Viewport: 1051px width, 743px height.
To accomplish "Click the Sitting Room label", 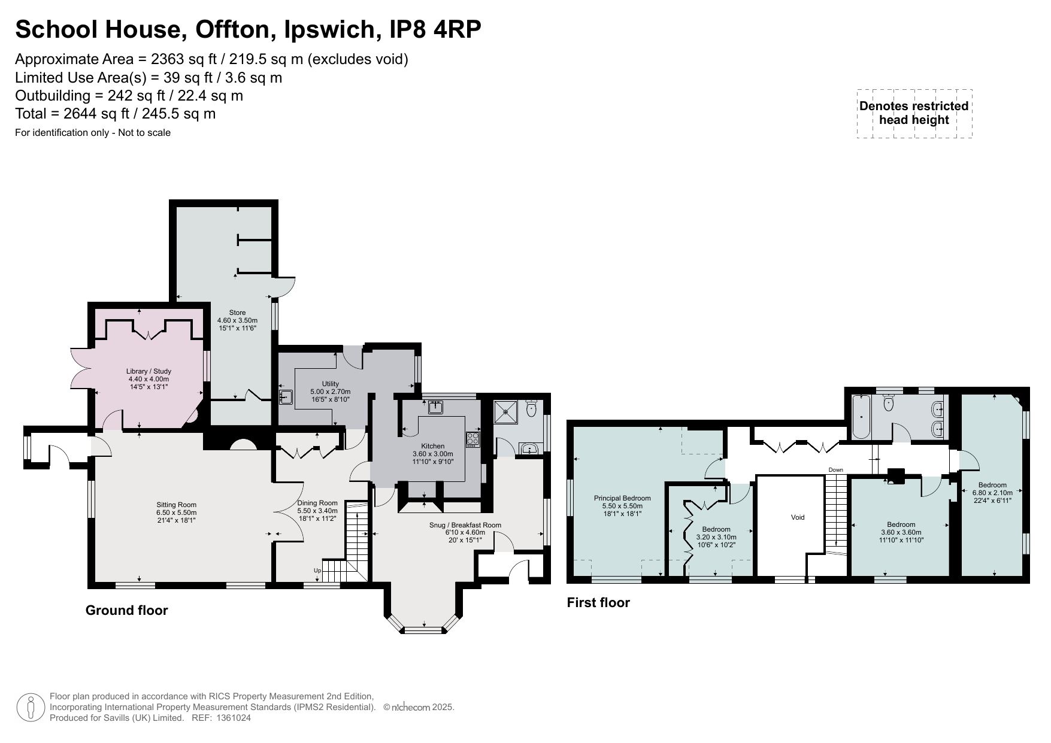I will pos(176,505).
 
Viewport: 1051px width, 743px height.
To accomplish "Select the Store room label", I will pos(237,313).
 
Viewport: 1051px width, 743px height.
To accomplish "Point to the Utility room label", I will pos(330,384).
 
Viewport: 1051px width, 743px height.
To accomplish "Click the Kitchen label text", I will pos(432,446).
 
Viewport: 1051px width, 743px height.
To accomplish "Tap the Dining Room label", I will pos(317,503).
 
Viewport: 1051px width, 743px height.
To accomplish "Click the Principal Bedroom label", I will pos(622,498).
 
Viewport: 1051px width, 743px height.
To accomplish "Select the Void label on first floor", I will pos(797,517).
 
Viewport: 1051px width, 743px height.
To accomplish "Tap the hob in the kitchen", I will pos(473,439).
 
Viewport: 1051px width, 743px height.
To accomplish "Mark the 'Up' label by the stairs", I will pos(317,571).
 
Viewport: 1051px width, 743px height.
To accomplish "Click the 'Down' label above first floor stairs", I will pos(835,469).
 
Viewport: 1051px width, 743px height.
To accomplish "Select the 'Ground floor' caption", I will pos(126,610).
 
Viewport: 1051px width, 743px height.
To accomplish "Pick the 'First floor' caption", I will pos(598,602).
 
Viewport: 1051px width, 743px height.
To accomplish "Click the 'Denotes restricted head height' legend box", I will pos(913,113).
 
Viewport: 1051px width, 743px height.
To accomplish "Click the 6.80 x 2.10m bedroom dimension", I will pos(992,493).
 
